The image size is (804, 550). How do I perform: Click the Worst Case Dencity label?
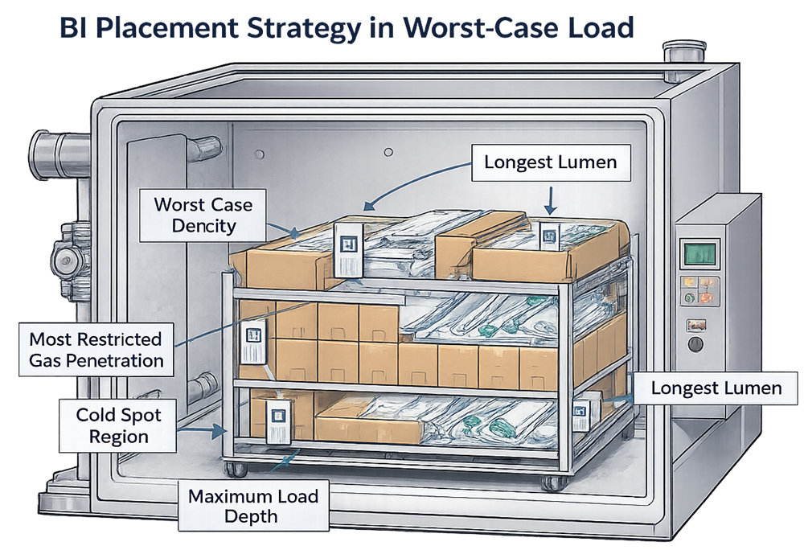(203, 215)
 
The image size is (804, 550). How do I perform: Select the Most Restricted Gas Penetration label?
(96, 350)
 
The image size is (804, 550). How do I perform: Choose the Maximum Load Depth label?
(253, 507)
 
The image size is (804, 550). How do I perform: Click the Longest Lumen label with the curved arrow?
(550, 162)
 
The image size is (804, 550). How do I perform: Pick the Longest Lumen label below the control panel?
(716, 388)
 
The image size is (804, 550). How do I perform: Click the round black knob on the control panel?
(695, 346)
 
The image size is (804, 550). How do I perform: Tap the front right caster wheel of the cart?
(552, 482)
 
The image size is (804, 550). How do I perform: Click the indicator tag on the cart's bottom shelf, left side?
(279, 420)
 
